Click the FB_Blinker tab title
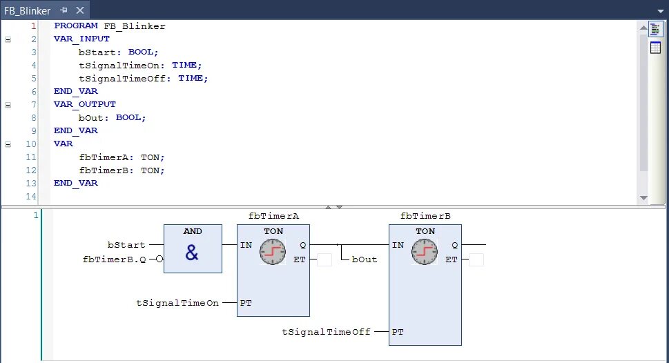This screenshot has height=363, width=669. (28, 10)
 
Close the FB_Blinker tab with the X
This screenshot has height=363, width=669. (79, 10)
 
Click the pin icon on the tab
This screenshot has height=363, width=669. (64, 10)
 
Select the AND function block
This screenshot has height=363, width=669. (193, 248)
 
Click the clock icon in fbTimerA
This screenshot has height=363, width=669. (272, 253)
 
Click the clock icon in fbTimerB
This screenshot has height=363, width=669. (424, 253)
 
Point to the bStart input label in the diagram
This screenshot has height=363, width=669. (126, 245)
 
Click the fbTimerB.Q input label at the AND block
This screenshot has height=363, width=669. (114, 259)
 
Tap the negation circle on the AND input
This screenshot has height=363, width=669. (159, 259)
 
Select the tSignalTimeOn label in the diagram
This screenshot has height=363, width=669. (178, 303)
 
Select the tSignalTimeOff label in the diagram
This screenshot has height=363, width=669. (326, 332)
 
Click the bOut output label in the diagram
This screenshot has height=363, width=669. (365, 259)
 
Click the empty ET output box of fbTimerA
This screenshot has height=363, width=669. (324, 259)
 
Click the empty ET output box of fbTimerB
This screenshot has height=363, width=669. (476, 259)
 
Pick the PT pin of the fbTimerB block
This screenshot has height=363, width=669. (398, 332)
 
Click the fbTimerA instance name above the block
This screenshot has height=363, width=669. (273, 216)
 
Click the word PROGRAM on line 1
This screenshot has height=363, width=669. (76, 26)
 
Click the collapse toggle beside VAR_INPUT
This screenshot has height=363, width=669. (8, 39)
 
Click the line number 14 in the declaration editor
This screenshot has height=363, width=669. (31, 197)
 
